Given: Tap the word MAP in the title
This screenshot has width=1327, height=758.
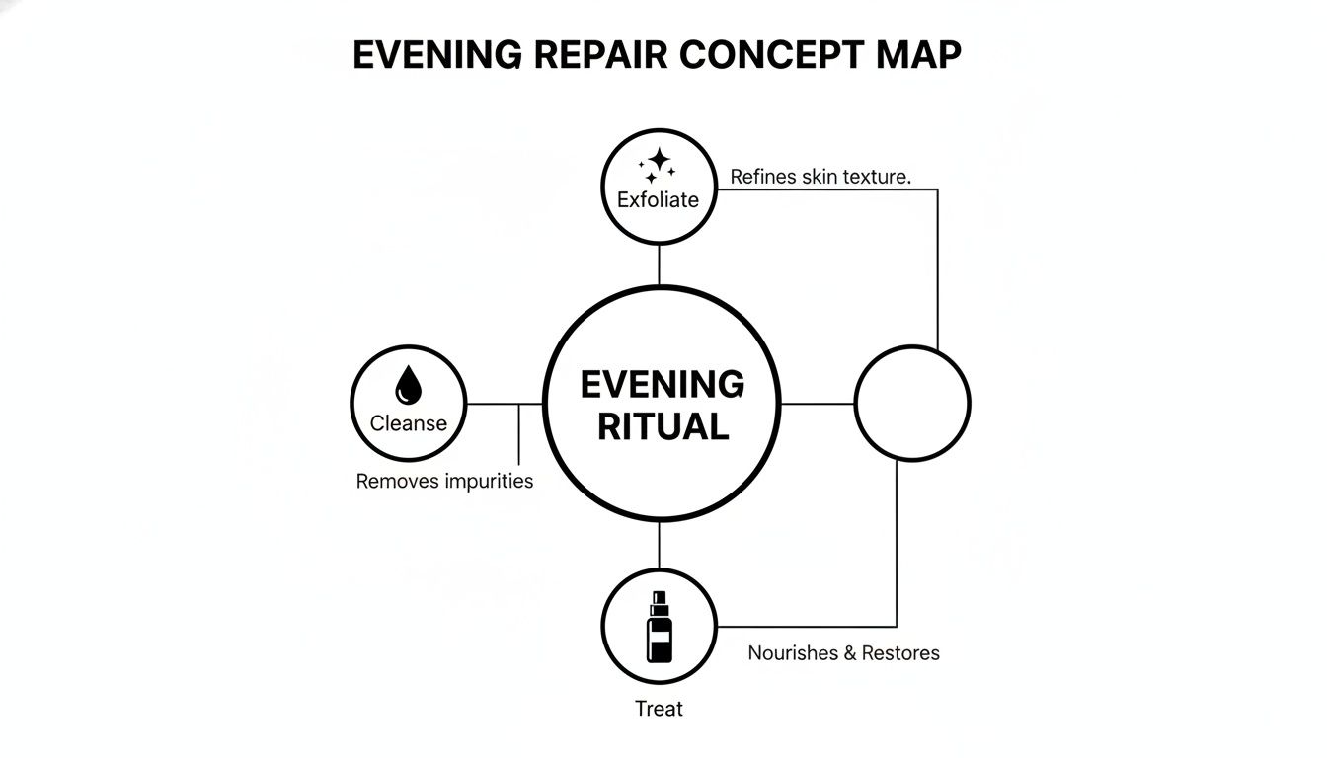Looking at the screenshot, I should pyautogui.click(x=917, y=55).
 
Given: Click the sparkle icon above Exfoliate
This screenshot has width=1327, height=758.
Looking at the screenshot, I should pyautogui.click(x=657, y=165).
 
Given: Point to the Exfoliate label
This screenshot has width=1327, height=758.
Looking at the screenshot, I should pyautogui.click(x=658, y=199).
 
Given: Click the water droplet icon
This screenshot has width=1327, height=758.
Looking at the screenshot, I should pyautogui.click(x=408, y=385).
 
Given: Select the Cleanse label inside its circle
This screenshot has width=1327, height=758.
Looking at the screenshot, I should pyautogui.click(x=408, y=423).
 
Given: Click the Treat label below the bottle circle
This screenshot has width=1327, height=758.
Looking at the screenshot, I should pyautogui.click(x=659, y=709).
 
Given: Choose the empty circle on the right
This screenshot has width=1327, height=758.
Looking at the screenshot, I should pyautogui.click(x=911, y=403).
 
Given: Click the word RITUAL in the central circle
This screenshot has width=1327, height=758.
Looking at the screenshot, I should pyautogui.click(x=663, y=426).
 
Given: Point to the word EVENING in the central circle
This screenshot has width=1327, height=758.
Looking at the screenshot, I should pyautogui.click(x=663, y=384).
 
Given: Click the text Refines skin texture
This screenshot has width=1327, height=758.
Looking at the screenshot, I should pyautogui.click(x=820, y=177).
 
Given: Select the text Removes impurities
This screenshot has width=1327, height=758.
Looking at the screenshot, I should pyautogui.click(x=444, y=482).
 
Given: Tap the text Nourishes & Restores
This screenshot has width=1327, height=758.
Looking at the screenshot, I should pyautogui.click(x=843, y=653).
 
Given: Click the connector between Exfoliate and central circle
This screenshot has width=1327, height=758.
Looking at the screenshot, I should pyautogui.click(x=659, y=278).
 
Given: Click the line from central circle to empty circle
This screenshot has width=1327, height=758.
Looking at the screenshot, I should pyautogui.click(x=818, y=404).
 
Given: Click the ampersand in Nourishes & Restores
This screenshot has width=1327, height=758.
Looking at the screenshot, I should pyautogui.click(x=850, y=653).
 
